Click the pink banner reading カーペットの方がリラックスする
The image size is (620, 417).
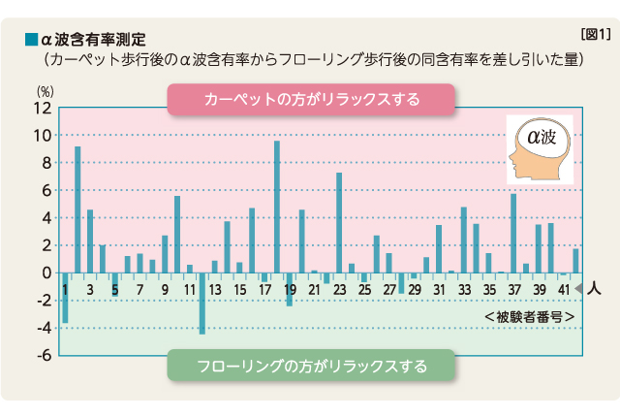311,99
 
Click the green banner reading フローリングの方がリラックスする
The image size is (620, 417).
311,367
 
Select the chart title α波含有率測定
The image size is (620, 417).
92,41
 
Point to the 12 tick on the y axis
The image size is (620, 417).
42,108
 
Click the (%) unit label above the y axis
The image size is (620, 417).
44,90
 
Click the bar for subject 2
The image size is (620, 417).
77,209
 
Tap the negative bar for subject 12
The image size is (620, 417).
202,304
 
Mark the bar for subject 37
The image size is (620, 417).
513,234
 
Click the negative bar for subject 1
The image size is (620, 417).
65,298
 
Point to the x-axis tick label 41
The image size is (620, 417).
563,290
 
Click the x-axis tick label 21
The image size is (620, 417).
314,290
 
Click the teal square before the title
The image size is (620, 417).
30,41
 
